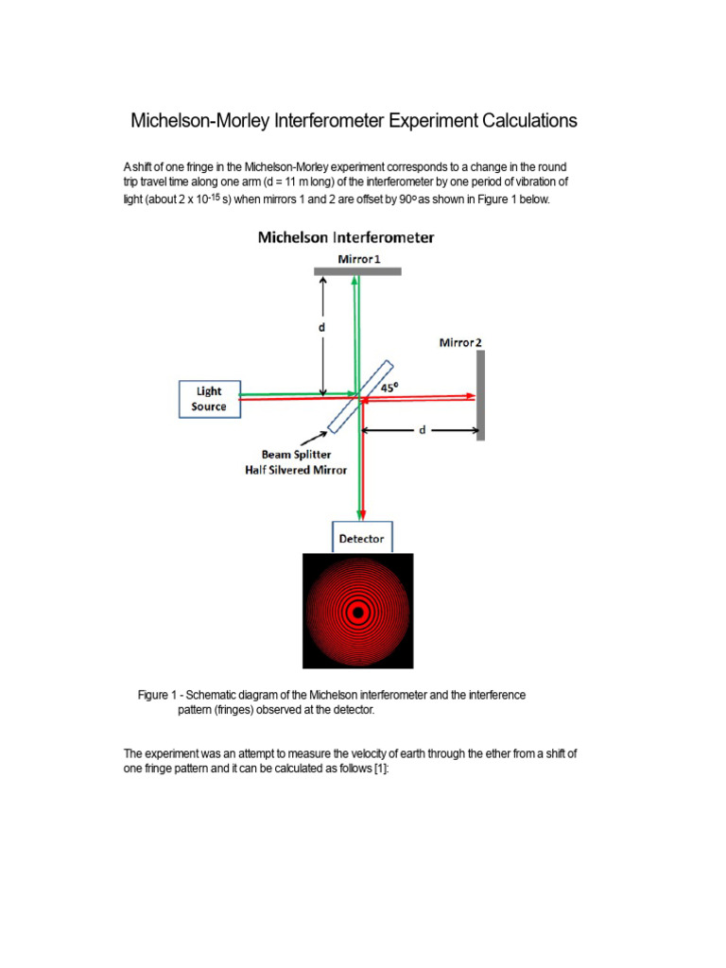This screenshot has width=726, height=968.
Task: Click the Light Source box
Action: (x=209, y=398)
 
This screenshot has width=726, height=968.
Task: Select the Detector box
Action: (x=361, y=538)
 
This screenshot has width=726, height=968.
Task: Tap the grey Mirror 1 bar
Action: (x=358, y=271)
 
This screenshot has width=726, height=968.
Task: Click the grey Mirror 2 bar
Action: (x=480, y=395)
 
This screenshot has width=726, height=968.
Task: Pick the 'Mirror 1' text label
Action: (x=357, y=258)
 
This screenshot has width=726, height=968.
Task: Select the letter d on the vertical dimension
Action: (x=322, y=327)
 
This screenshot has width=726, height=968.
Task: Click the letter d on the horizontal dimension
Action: (x=423, y=429)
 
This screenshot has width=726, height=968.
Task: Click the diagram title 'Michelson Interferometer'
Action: (x=346, y=237)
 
